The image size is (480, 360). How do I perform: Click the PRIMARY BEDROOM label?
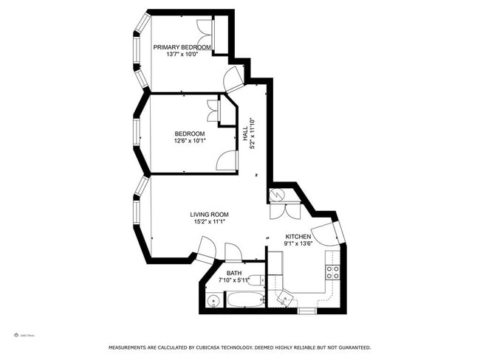pos(182,47)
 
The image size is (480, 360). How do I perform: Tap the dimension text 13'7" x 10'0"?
pos(182,55)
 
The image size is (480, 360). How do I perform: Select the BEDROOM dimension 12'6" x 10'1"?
pos(190,141)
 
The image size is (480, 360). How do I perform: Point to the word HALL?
pos(245,134)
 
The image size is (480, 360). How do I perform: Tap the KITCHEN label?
pos(298,237)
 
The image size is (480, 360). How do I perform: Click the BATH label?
pos(234,273)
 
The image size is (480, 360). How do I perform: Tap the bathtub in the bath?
pos(244,300)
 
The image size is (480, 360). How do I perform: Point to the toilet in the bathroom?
pos(255,280)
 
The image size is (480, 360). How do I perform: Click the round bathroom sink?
pos(213,300)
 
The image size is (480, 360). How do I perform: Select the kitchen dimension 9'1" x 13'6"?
pos(298,244)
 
